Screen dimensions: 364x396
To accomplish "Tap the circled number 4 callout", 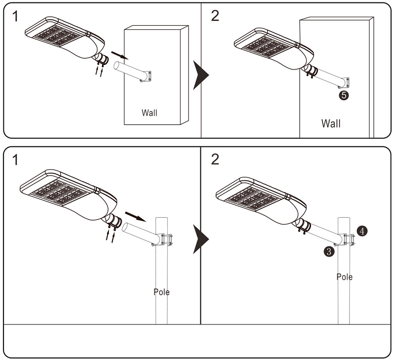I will click(362, 231).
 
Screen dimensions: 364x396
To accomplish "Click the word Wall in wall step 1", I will click(149, 112).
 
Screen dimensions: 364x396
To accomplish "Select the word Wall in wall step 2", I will click(331, 123).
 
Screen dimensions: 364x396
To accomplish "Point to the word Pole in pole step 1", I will click(162, 292).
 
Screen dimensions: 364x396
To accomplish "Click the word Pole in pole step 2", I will click(344, 277).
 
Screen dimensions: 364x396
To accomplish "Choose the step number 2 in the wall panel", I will click(215, 16).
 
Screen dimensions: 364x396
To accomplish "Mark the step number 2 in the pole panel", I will click(215, 160).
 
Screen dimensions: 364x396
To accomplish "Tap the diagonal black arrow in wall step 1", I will click(117, 54).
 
